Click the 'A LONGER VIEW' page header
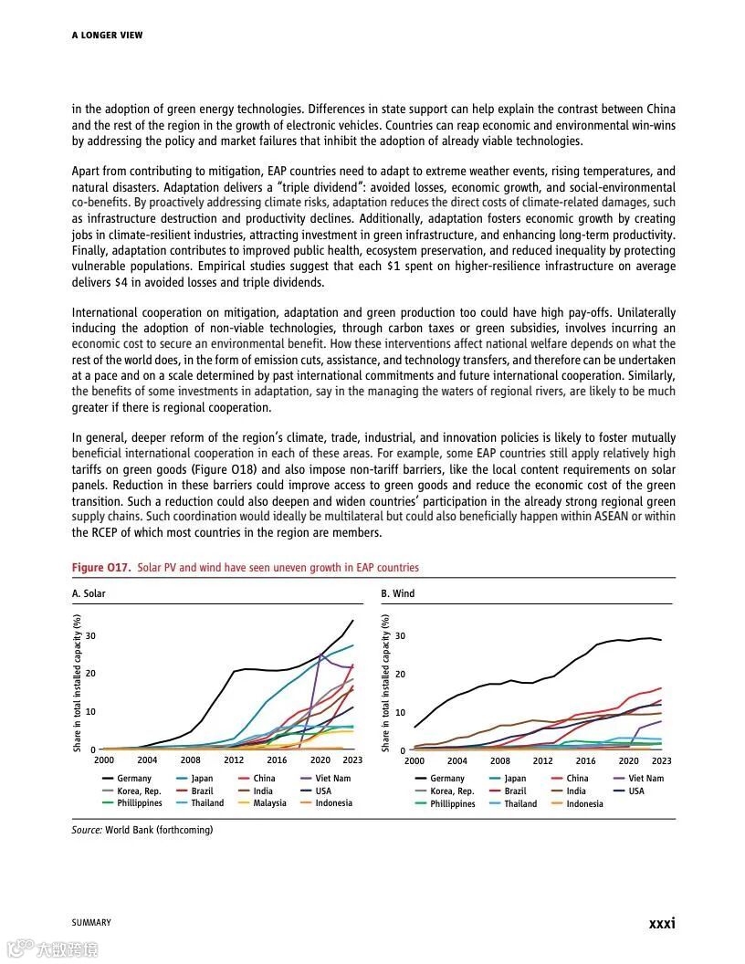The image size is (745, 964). (107, 36)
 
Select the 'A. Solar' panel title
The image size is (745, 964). (89, 593)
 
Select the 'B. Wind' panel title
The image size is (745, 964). (398, 593)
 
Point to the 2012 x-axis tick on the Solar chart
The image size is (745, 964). (233, 760)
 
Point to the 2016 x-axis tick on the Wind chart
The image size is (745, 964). (585, 760)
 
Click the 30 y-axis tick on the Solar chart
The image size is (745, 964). (90, 635)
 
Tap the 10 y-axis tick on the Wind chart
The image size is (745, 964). (401, 713)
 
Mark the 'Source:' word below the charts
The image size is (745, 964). (88, 830)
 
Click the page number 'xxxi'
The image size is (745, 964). (662, 924)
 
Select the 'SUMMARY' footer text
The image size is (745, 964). (91, 923)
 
